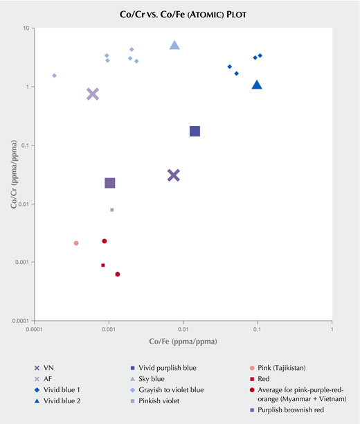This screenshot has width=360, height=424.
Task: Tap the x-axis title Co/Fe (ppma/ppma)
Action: coord(183,342)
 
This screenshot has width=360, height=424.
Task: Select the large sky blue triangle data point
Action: coord(174,45)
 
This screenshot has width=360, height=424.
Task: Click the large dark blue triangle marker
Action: coord(257,85)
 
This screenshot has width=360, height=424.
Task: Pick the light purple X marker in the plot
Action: coord(93,94)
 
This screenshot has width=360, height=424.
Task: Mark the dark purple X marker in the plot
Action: coord(174,175)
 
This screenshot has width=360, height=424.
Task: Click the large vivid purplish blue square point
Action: coord(195,132)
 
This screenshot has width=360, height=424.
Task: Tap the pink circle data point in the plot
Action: coord(76,243)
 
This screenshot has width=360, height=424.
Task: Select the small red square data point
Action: coord(103,265)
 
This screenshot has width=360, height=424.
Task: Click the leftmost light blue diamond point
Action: coord(55,76)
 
